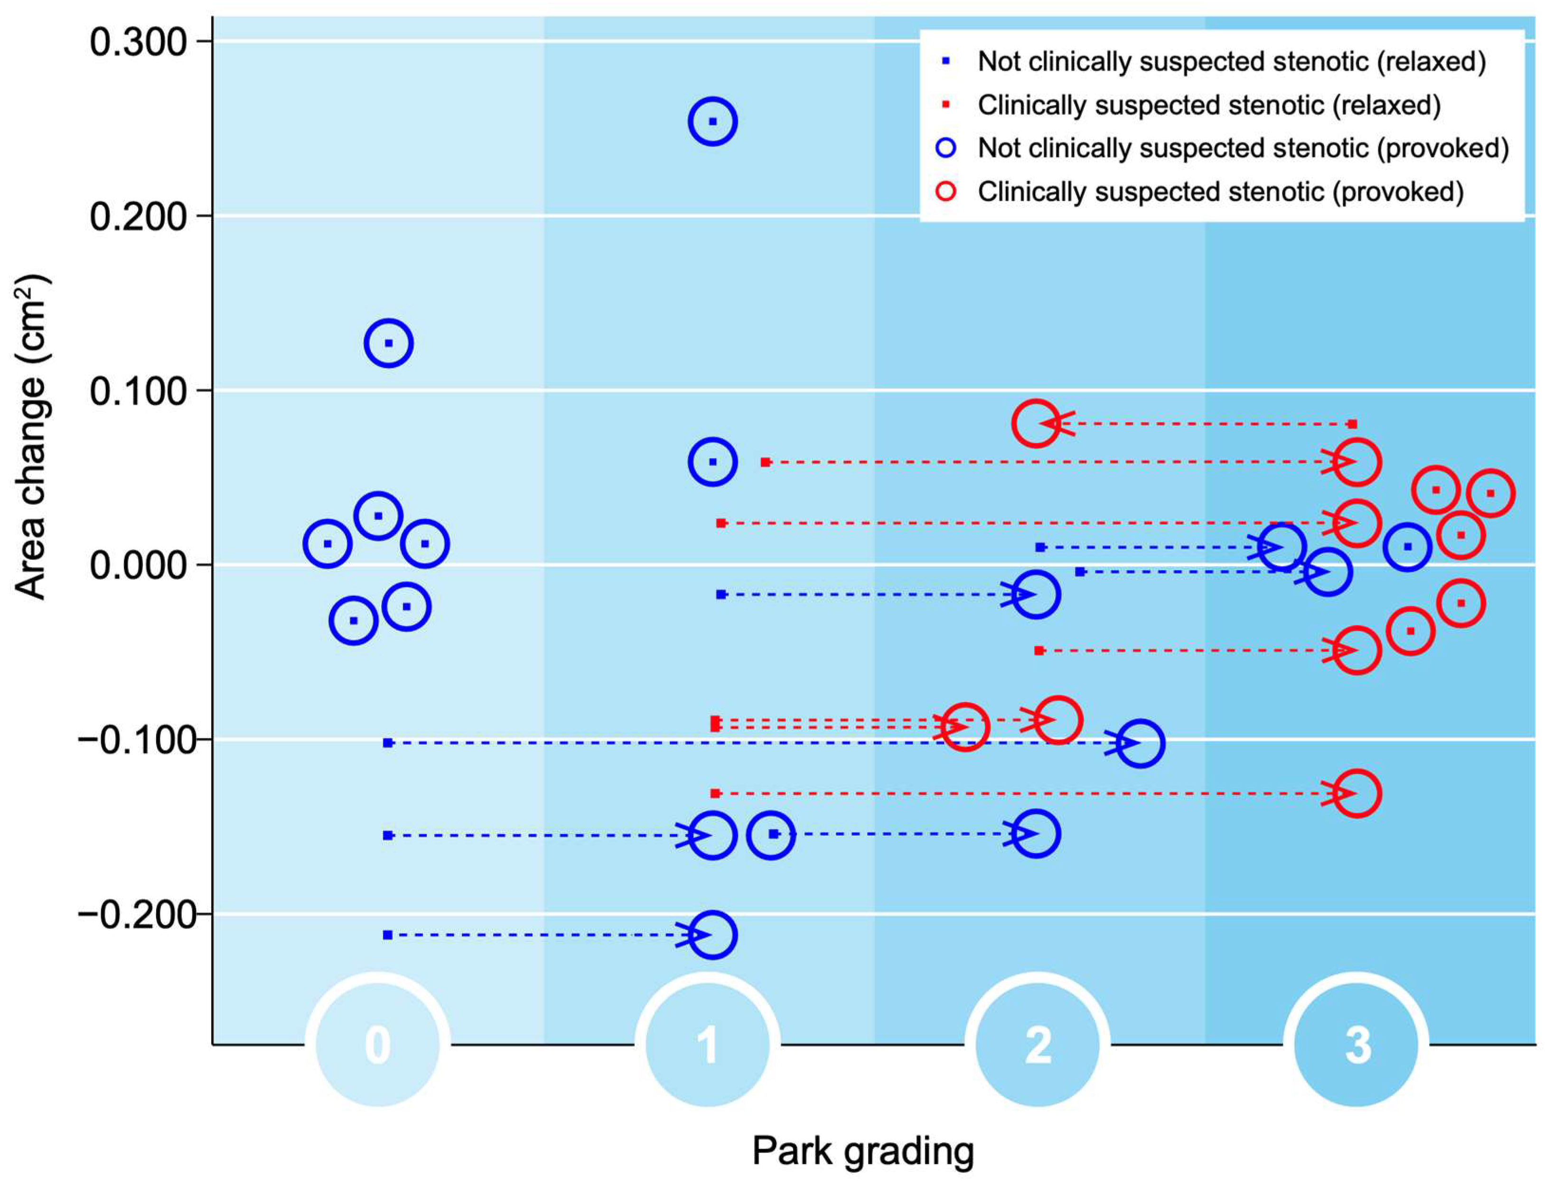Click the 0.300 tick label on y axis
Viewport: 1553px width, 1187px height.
(137, 42)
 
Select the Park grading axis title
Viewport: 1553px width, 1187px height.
(862, 1151)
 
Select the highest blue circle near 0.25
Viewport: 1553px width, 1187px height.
(712, 121)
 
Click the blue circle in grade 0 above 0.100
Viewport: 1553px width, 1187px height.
(388, 343)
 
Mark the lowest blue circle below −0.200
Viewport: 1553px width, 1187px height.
(712, 935)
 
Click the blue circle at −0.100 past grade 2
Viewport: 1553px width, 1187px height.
(1140, 743)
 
